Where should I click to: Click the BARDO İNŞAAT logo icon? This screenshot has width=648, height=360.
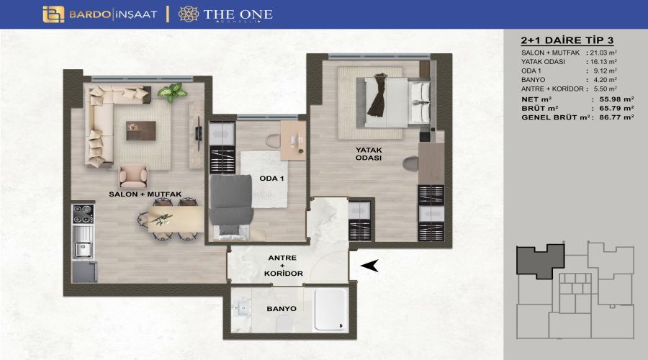pos(53,14)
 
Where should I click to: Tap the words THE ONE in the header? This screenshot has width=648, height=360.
pos(238,14)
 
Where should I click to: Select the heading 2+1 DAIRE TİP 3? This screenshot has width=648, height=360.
pos(567,40)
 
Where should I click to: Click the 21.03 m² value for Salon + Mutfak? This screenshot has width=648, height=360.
pos(603,53)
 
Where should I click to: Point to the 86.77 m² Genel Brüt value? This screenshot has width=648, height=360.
pos(616,117)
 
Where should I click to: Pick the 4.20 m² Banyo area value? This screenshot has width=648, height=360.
pos(606,80)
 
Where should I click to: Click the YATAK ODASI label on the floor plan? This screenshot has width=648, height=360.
pos(369,154)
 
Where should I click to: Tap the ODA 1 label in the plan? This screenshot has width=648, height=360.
pos(271,179)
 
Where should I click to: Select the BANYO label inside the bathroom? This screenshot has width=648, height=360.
pos(282,309)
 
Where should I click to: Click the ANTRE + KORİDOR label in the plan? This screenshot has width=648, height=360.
pos(284,266)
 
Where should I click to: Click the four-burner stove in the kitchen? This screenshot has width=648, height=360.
pos(83,214)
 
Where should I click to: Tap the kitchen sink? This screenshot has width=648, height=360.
pos(83,249)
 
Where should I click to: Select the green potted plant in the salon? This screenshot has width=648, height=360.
pos(173,92)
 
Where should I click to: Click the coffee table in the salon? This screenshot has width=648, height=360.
pos(141,130)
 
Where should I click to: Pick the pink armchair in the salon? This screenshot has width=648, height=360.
pos(133,177)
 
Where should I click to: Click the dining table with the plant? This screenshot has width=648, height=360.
pos(176,219)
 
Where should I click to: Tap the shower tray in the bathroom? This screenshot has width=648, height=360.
pos(330,310)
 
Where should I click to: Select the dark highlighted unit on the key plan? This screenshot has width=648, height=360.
pos(540,261)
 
